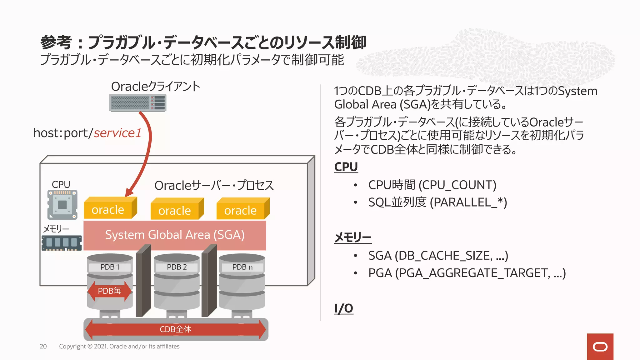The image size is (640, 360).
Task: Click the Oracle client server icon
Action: pyautogui.click(x=137, y=103)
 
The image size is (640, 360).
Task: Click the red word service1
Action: pyautogui.click(x=117, y=133)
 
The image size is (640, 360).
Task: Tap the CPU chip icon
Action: pyautogui.click(x=62, y=205)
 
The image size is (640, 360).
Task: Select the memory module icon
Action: pyautogui.click(x=62, y=243)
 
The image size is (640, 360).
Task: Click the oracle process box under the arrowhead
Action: pyautogui.click(x=108, y=209)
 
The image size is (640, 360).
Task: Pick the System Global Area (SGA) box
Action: pyautogui.click(x=175, y=235)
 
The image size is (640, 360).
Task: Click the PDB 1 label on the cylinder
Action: pyautogui.click(x=110, y=267)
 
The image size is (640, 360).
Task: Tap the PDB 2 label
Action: pyautogui.click(x=177, y=267)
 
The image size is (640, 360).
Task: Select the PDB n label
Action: pyautogui.click(x=242, y=267)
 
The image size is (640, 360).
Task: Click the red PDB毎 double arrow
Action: pyautogui.click(x=109, y=291)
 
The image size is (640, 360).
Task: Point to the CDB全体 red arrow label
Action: pyautogui.click(x=175, y=329)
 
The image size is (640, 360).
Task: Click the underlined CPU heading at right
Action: pyautogui.click(x=346, y=167)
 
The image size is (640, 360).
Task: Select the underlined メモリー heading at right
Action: pyautogui.click(x=353, y=237)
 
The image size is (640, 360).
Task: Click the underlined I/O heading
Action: pyautogui.click(x=343, y=308)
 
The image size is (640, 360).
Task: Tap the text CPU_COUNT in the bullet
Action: pyautogui.click(x=457, y=185)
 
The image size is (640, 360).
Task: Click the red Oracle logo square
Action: pyautogui.click(x=600, y=347)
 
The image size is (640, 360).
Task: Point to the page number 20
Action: pyautogui.click(x=43, y=346)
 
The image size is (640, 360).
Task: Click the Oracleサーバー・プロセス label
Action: pyautogui.click(x=214, y=186)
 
